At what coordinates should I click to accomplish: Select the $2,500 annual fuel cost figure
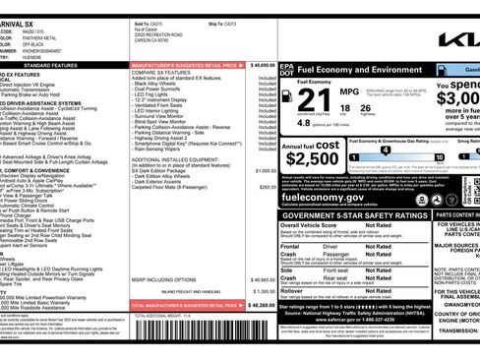[312, 158]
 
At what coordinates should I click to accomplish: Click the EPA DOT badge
[286, 71]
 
